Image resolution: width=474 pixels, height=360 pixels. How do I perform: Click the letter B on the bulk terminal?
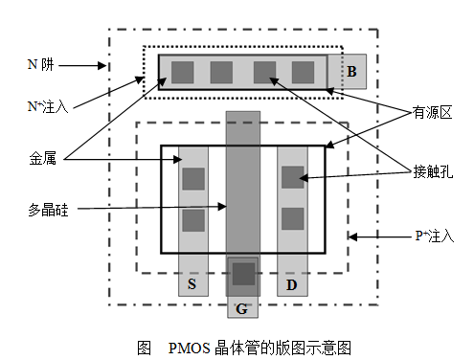point(351,72)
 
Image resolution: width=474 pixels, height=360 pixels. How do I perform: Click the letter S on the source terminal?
point(192,284)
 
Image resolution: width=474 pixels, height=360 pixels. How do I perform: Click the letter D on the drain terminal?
point(292,284)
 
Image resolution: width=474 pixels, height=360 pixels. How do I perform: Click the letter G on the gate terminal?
point(242,307)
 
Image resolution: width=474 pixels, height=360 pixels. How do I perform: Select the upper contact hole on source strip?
point(193,178)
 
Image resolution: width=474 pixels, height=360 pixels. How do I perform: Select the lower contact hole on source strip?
point(193,221)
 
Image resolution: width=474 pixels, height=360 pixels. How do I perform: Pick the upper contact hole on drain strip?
point(293,176)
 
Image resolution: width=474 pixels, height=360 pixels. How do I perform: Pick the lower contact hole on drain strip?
point(293,218)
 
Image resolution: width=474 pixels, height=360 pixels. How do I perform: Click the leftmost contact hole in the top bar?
point(182,72)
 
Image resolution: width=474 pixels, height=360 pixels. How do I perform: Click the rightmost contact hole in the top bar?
point(303,72)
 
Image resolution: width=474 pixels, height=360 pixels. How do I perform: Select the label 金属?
point(42,160)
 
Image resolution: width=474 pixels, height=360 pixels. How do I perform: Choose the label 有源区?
point(432,112)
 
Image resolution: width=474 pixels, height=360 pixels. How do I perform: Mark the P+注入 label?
point(433,235)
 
